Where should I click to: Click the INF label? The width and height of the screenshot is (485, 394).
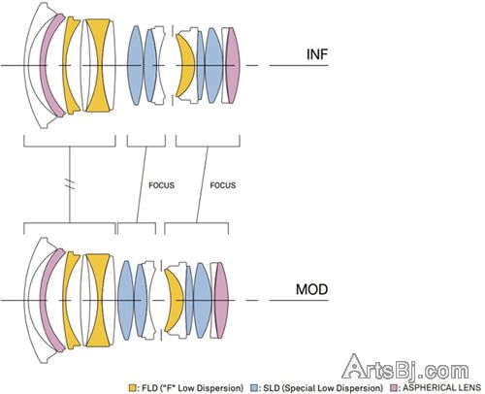[317, 54]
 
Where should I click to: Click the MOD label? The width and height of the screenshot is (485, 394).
[311, 289]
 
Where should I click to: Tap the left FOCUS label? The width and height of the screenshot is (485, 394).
[161, 185]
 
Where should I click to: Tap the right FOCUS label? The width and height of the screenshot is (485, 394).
[223, 185]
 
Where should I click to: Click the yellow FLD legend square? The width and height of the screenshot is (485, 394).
[132, 388]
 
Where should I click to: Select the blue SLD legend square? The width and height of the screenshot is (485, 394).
[254, 388]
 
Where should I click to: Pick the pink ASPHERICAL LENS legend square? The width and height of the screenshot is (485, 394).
[394, 388]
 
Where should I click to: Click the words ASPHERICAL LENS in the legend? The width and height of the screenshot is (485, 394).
[441, 387]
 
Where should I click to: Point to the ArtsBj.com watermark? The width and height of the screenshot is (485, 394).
[405, 367]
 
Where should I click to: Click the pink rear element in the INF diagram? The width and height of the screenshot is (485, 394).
[234, 66]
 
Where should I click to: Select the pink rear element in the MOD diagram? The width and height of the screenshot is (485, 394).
[222, 300]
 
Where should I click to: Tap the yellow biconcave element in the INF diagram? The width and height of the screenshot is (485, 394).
[99, 66]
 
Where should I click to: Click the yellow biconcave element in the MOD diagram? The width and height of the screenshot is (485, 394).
[99, 301]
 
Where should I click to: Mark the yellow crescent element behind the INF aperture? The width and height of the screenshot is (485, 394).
[187, 66]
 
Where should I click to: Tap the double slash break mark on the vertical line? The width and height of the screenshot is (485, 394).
[70, 184]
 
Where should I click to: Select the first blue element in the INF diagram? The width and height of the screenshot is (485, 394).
[135, 66]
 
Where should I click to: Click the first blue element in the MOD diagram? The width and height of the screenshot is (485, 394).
[125, 301]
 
